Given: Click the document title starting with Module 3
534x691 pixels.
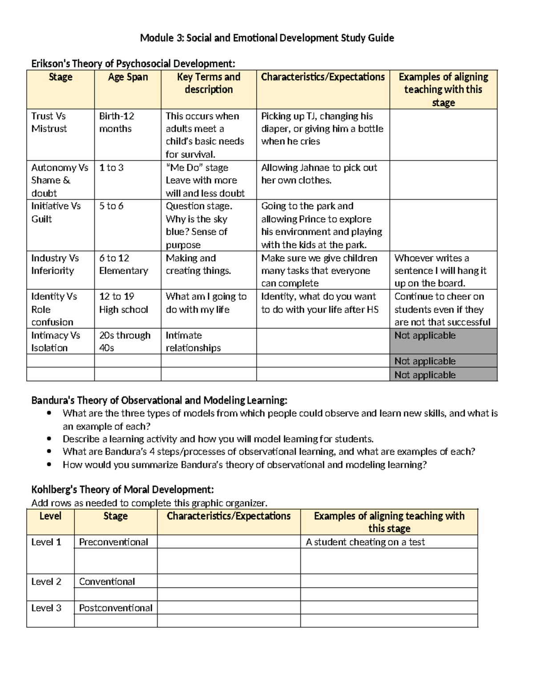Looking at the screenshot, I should pos(267,38).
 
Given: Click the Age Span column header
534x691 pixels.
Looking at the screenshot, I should pos(128,77).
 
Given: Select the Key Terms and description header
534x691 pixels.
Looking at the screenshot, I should pos(208,83).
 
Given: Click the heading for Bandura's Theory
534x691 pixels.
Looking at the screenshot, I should pos(159,400).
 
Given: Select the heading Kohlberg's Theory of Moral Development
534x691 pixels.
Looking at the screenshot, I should pos(122,490).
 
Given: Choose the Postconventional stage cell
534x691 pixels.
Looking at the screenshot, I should pos(116,608).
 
